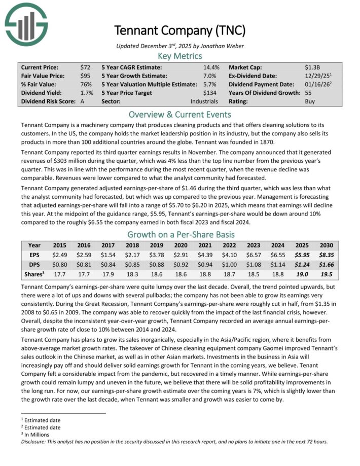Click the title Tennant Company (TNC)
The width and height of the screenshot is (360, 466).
179,30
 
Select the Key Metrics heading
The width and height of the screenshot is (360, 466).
179,56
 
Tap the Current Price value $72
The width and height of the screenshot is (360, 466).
85,67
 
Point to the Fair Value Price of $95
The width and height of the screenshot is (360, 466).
85,76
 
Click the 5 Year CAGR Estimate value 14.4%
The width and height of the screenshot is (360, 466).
211,67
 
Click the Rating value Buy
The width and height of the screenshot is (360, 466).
310,101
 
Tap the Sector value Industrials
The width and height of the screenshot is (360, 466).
204,101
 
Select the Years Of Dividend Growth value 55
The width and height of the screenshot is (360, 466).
308,93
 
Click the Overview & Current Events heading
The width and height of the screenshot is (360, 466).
179,115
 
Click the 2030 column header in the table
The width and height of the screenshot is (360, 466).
327,245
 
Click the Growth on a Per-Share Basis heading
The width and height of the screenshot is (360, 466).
179,235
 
